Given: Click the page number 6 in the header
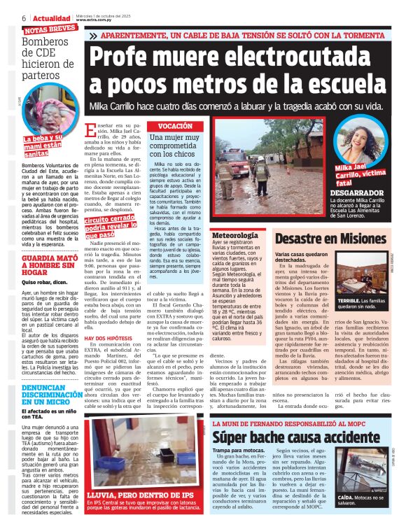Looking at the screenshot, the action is [24, 17].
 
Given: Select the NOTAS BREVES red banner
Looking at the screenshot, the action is [50, 29].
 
